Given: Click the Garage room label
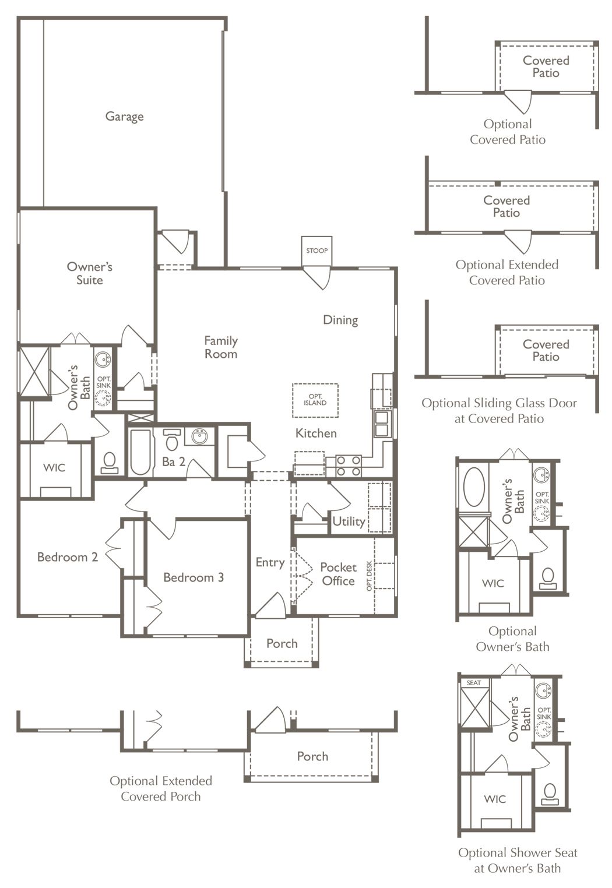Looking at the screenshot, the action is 124,117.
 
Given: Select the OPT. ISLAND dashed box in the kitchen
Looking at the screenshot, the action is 315,400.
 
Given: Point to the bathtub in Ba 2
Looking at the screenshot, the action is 140,452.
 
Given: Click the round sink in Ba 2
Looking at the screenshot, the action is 199,436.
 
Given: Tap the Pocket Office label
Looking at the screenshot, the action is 338,574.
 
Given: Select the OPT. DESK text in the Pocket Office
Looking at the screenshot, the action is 370,576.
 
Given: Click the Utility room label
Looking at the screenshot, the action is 349,521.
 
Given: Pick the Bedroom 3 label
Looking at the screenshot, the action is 194,577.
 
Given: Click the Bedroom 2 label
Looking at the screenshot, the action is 68,557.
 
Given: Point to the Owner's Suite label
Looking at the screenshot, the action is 90,273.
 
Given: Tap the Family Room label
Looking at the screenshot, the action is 221,347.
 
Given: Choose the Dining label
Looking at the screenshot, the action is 341,320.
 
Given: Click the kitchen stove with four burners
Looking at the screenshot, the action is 349,466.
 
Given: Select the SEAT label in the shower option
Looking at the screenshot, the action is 474,683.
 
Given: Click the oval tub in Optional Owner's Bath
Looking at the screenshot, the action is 474,487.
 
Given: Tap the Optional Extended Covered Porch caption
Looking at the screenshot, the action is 161,788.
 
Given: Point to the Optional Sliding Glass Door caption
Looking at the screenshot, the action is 499,411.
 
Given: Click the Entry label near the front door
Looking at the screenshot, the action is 270,562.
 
